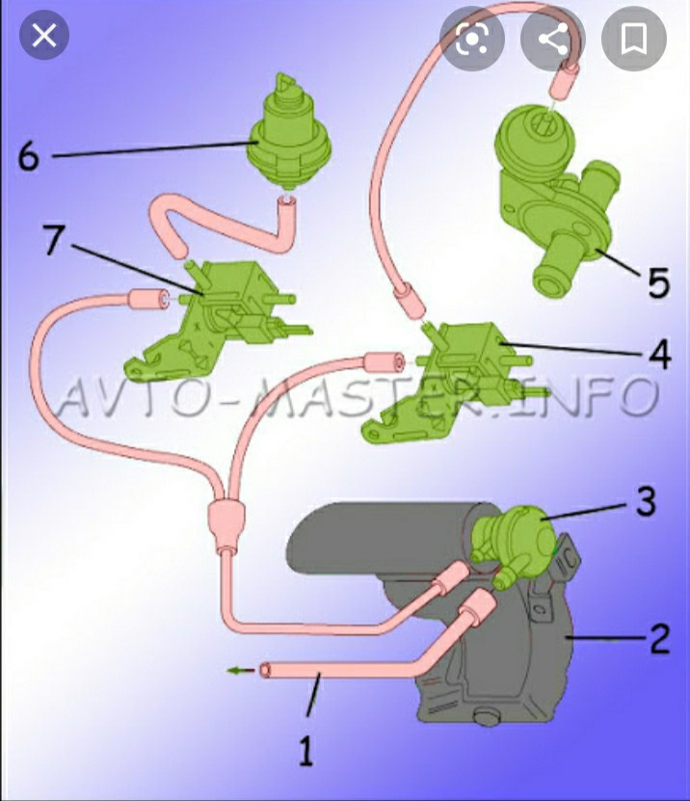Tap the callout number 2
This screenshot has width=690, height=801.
coord(659,638)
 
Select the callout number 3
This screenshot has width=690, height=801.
coord(646,501)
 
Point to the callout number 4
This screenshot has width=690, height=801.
coord(660,354)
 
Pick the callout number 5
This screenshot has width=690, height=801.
coord(658,282)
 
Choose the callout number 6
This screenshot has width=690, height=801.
coord(28,156)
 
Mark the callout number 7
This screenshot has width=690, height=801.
coord(54,239)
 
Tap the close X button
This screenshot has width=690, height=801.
coord(44,36)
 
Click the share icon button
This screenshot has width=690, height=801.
coord(553,39)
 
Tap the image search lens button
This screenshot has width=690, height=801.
coord(472,39)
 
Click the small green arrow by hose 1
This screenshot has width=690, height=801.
coord(240,670)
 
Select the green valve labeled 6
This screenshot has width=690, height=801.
coord(288,131)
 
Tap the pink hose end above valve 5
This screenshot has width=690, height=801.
coord(564,80)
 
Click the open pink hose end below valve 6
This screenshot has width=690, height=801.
coord(287,204)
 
